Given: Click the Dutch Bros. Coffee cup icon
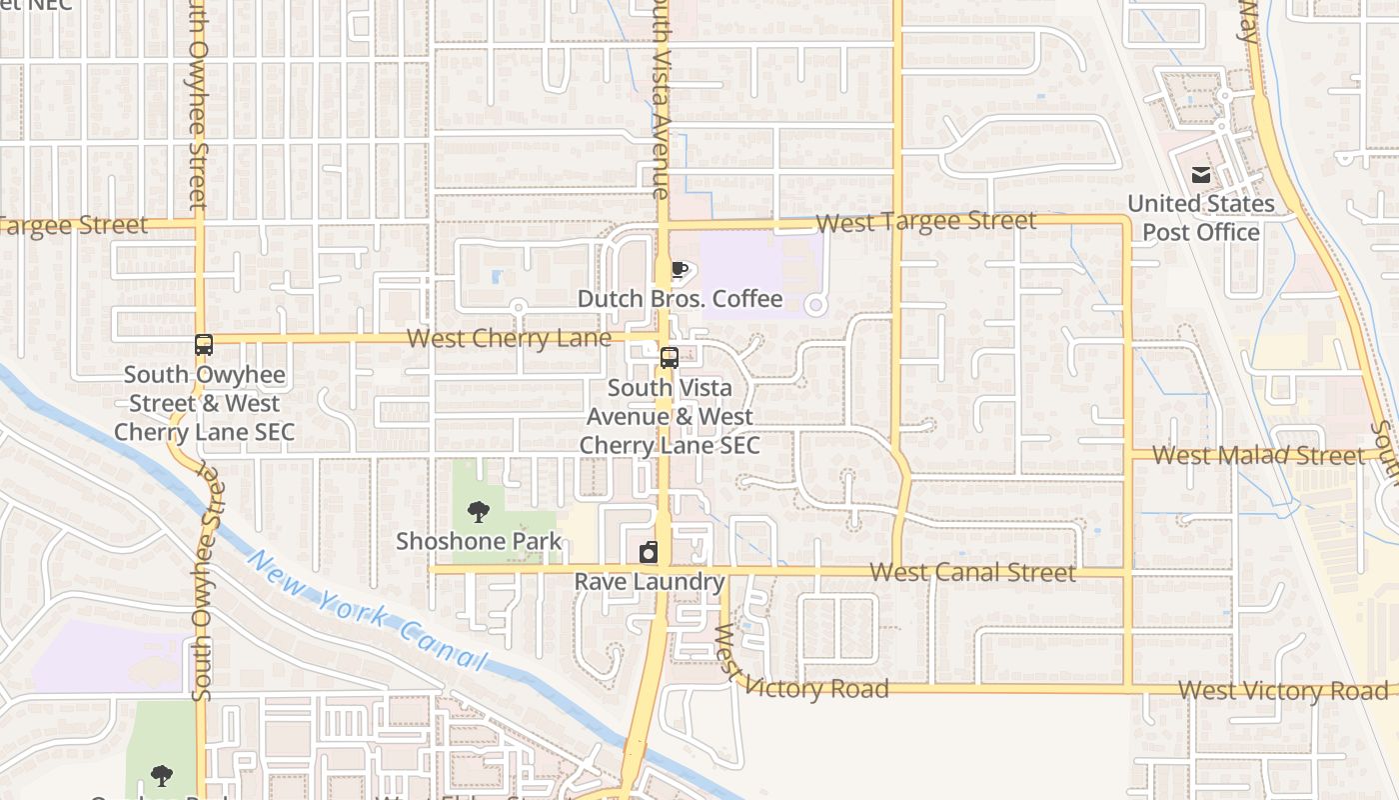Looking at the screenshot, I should click(680, 269).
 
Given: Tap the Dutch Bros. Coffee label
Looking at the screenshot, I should click(680, 299).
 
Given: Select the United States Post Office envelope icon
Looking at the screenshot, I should click(1200, 175).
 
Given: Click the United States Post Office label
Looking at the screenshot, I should click(1200, 218).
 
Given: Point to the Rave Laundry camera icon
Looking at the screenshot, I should click(649, 552).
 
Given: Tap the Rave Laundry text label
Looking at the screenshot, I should click(649, 582).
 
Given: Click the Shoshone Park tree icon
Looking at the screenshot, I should click(479, 512).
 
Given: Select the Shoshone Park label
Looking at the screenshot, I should click(479, 542).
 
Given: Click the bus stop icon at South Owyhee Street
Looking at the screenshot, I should click(204, 345).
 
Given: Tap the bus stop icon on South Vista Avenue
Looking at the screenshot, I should click(670, 357).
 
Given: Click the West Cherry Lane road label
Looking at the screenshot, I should click(509, 338).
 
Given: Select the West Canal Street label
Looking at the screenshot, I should click(972, 572).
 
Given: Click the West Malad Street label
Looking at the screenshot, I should click(1258, 455).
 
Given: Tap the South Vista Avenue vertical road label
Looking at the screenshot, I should click(658, 100).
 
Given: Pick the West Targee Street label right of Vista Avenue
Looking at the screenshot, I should click(925, 221).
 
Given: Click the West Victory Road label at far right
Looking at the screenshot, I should click(1283, 690).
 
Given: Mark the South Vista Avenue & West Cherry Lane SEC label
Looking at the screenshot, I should click(670, 416).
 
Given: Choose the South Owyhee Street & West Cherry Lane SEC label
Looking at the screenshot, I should click(204, 403).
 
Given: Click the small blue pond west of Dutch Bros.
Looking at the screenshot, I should click(497, 276).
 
